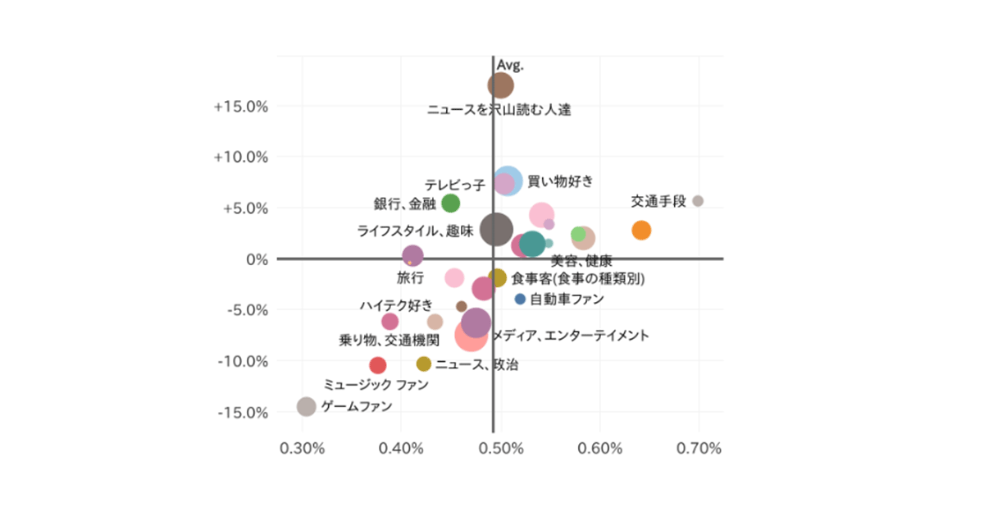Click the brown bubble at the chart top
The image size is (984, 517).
click(500, 85)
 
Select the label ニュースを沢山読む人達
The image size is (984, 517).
click(499, 110)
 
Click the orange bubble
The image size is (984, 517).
click(641, 230)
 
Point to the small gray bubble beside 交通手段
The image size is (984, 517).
click(698, 201)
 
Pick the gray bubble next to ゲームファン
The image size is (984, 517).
click(306, 406)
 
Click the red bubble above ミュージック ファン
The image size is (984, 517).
click(377, 365)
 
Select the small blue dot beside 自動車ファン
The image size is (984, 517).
click(520, 299)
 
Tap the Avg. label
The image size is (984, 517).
click(510, 64)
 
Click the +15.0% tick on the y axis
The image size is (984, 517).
click(242, 106)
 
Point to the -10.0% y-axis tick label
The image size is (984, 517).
click(243, 361)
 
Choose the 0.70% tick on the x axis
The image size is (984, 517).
click(698, 448)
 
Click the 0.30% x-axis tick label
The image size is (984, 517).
click(303, 448)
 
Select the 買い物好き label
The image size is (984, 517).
click(559, 181)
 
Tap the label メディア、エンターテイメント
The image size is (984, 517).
click(571, 335)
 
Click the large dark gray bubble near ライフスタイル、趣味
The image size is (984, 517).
click(497, 229)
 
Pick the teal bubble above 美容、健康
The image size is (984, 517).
click(531, 244)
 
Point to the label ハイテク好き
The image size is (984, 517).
click(396, 305)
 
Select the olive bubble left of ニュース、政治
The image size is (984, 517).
click(423, 364)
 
